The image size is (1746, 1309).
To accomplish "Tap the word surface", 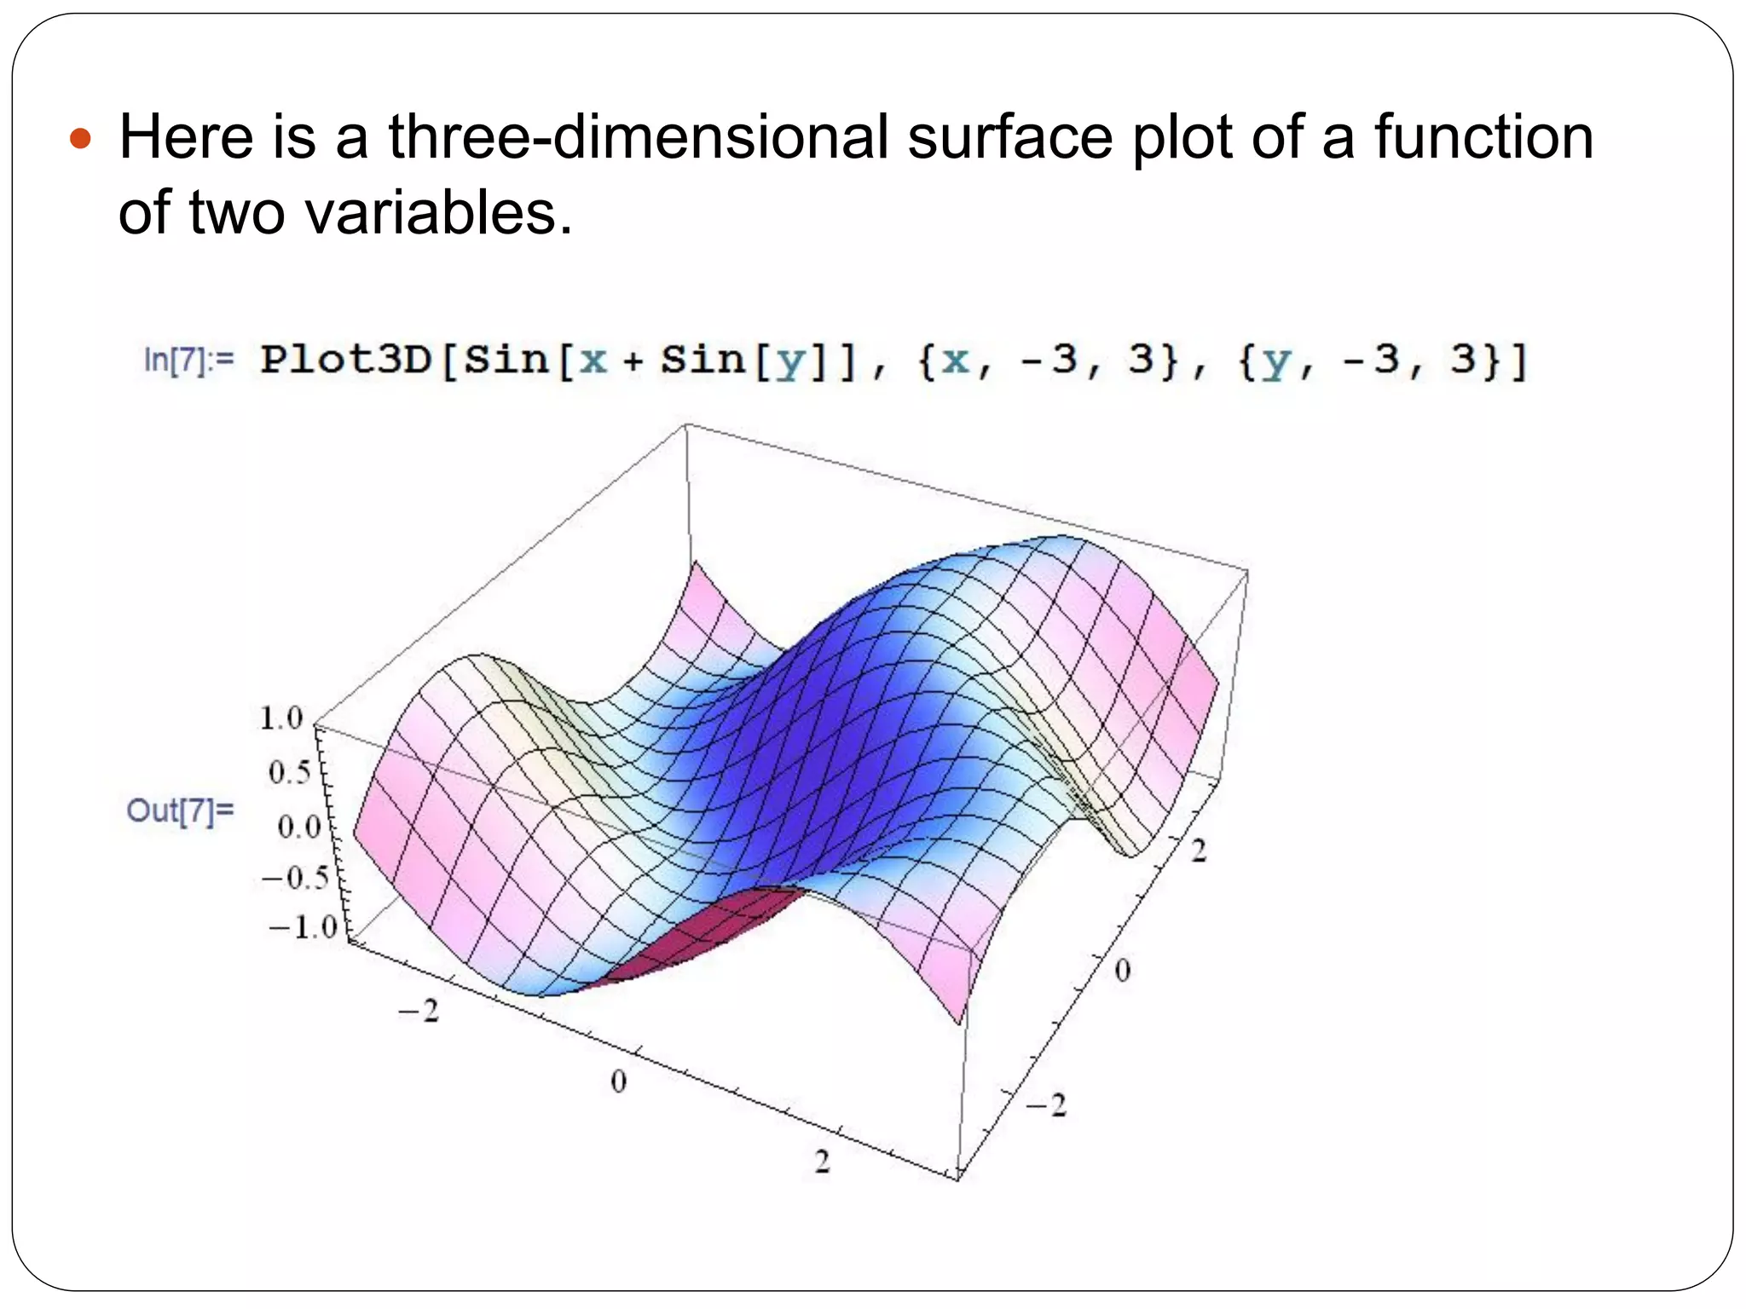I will pos(1009,136).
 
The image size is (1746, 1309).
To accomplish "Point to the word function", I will pos(1483,136).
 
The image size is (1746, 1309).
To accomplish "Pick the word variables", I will pos(438,211).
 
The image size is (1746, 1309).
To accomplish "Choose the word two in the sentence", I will pos(236,211).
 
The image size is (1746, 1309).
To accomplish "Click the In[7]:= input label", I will pos(188,360).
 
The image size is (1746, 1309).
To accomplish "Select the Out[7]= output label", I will pos(180,810).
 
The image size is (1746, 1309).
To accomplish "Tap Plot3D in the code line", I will pos(346,360).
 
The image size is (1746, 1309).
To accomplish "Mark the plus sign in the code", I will pos(633,361).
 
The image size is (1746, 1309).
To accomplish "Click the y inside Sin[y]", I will pos(791,361).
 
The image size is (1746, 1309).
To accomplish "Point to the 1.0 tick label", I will pos(281,718).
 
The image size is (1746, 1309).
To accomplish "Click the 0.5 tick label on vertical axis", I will pos(289,773).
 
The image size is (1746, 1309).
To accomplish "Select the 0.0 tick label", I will pos(298,827).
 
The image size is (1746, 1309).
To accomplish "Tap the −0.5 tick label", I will pos(295,878).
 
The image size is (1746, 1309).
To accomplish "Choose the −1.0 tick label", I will pos(303,926).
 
